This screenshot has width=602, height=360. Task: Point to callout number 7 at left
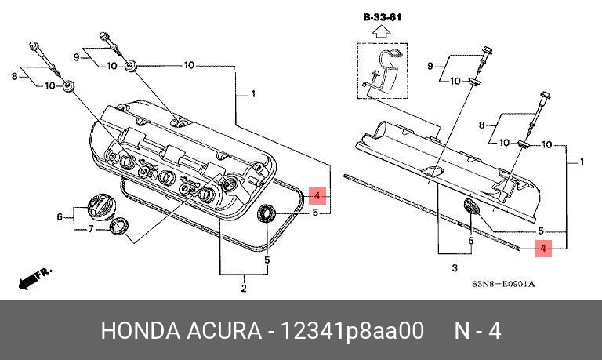pyautogui.click(x=91, y=228)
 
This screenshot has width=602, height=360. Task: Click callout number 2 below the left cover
pyautogui.click(x=244, y=289)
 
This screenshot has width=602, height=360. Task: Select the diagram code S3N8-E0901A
pyautogui.click(x=503, y=283)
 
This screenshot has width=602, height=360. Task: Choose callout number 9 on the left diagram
pyautogui.click(x=77, y=57)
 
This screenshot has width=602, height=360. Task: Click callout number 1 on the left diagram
pyautogui.click(x=253, y=94)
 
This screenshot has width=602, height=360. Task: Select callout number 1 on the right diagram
pyautogui.click(x=581, y=162)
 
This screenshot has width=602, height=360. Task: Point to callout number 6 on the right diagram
pyautogui.click(x=470, y=242)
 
